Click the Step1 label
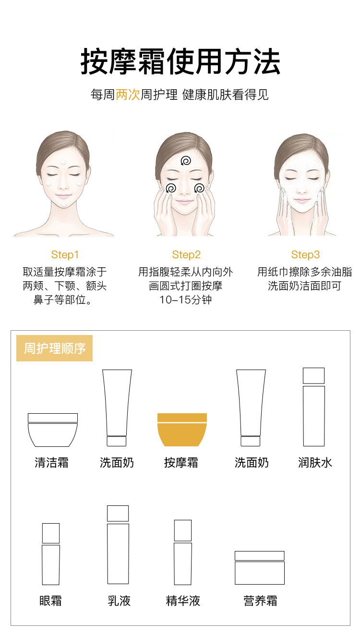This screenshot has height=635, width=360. point(65,255)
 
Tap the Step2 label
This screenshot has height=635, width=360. point(186,255)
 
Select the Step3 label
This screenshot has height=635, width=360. point(305,255)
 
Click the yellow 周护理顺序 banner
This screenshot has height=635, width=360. point(54,348)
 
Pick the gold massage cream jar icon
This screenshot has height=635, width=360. point(182,430)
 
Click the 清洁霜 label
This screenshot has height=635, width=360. point(51,463)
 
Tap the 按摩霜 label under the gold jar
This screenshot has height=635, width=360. point(181,463)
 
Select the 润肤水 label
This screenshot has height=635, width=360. point(315,463)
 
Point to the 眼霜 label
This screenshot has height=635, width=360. point(50,601)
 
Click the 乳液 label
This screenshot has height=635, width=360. point(119,601)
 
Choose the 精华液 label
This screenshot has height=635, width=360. point(183,601)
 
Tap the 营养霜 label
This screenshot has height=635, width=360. point(260,601)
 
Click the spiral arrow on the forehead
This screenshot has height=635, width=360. point(186,161)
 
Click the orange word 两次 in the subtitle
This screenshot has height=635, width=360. point(128,95)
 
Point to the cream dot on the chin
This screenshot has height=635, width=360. point(64,204)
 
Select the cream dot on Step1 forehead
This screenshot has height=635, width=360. point(63,162)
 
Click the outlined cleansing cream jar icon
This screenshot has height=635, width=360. point(53,430)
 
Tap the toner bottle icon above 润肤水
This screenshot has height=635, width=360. point(314,407)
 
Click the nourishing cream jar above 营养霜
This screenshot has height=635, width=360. point(260,568)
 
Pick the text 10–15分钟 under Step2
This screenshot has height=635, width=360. point(186,300)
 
